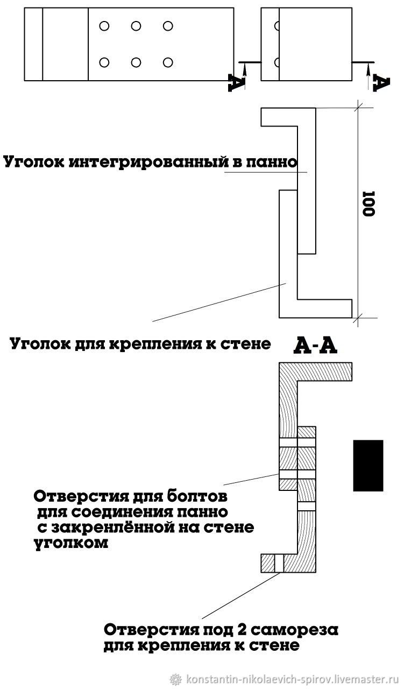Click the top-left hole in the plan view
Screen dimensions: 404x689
(x=104, y=26)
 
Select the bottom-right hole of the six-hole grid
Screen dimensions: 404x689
(x=167, y=62)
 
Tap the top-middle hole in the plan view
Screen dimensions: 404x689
(x=136, y=26)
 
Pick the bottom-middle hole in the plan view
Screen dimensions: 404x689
(x=136, y=62)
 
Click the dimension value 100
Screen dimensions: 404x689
(x=368, y=204)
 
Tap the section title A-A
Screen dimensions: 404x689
(x=315, y=346)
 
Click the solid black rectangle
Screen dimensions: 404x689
(x=368, y=466)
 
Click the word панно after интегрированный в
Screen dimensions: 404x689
(x=272, y=162)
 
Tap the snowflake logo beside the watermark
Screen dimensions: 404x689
(x=176, y=679)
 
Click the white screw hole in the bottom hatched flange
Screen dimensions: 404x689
(x=279, y=563)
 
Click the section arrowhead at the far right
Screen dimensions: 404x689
(x=368, y=68)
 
